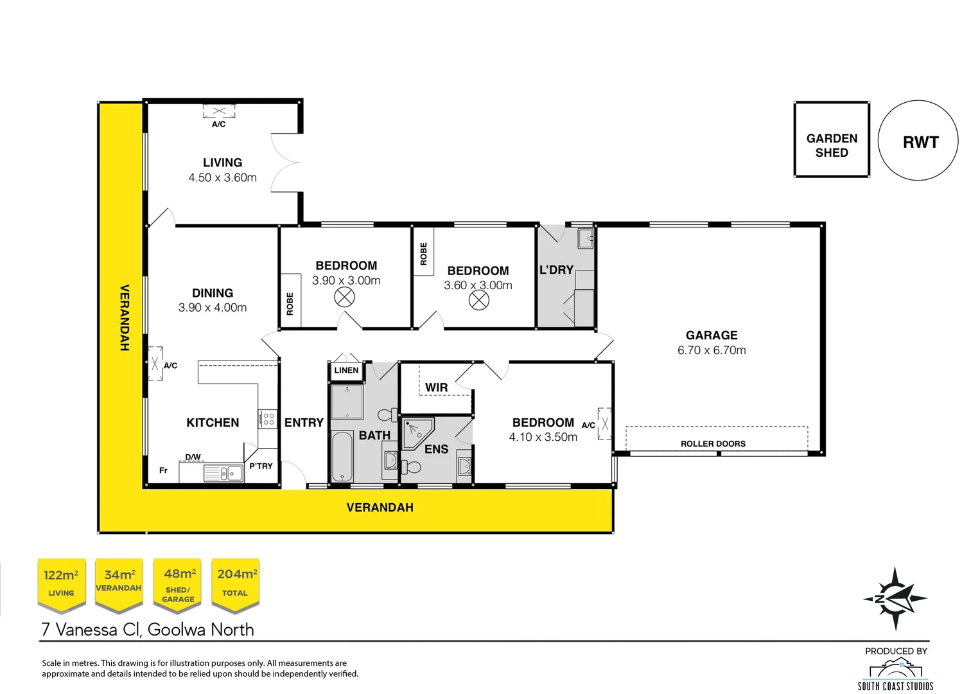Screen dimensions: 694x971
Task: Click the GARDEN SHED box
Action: pos(831,139)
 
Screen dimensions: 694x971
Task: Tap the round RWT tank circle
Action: pos(918,140)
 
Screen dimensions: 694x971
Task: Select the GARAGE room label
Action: pos(711,335)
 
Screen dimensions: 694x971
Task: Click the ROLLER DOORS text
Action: pos(713,443)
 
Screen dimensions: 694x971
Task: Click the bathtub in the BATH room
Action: pos(342,457)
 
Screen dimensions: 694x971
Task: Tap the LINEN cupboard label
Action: pos(346,370)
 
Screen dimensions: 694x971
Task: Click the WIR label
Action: pos(436,387)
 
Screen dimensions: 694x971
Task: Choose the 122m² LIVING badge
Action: pos(61,583)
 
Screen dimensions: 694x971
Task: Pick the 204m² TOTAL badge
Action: pos(235,583)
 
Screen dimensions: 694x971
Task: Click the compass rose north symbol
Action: pos(895,598)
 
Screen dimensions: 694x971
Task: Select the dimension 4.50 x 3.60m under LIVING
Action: pos(222,178)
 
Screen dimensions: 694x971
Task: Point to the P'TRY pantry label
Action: pos(261,466)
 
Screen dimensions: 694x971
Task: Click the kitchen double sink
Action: pos(223,474)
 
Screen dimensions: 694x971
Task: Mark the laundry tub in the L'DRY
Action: pos(585,238)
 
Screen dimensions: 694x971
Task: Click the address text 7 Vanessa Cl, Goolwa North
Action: pos(148,629)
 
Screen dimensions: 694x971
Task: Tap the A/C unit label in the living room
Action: pos(218,124)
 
